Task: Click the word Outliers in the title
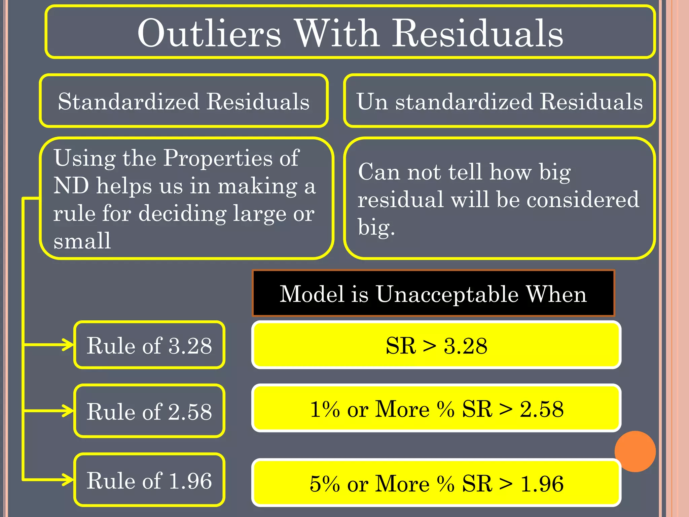click(x=209, y=34)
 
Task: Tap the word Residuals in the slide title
click(x=478, y=34)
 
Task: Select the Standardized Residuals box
click(x=184, y=101)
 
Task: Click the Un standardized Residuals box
click(x=500, y=101)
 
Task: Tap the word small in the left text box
click(x=82, y=241)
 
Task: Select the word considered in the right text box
click(x=583, y=199)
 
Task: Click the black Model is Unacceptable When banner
click(x=433, y=294)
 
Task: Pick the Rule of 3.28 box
click(x=149, y=345)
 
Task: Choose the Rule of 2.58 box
click(x=149, y=411)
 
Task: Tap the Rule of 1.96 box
click(x=149, y=480)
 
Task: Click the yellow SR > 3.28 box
click(x=436, y=345)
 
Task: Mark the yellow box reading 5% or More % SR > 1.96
click(x=436, y=483)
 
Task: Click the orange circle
click(x=635, y=451)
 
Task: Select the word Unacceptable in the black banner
click(x=447, y=294)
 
